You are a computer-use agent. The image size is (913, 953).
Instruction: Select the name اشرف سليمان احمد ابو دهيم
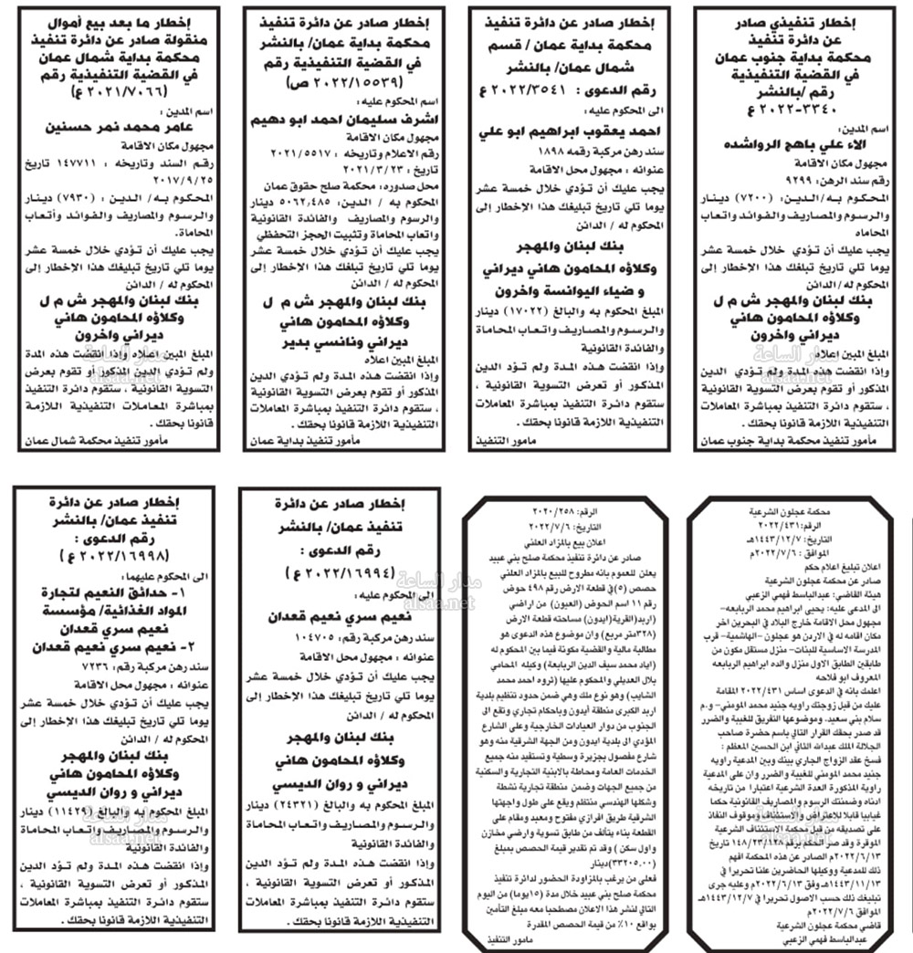pyautogui.click(x=345, y=118)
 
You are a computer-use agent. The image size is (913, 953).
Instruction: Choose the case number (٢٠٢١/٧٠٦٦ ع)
pyautogui.click(x=116, y=91)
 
